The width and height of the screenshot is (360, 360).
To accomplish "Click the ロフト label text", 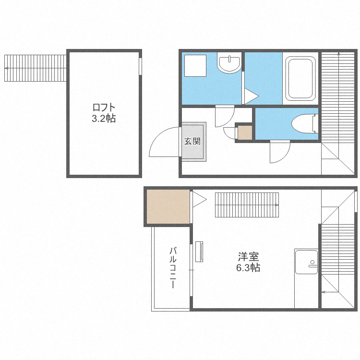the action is [104, 108].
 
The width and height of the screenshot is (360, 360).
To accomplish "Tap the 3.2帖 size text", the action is [104, 119].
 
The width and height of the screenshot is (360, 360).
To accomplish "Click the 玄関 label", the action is [192, 141].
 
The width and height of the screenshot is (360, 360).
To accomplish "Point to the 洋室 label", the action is [249, 257].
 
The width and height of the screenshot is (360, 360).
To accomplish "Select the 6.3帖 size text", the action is [249, 268].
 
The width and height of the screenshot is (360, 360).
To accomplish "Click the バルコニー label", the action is [173, 267].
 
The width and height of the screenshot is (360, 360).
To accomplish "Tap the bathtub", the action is [300, 79].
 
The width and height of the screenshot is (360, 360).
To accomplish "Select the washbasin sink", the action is [229, 63].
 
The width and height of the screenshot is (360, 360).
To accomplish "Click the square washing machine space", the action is [195, 66].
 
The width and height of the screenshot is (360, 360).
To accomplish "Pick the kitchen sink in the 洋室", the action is [307, 262].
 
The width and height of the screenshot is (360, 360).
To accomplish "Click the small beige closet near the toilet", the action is [245, 132].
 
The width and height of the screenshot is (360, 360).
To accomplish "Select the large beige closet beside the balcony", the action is [168, 206].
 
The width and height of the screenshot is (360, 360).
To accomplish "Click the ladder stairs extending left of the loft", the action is [36, 68].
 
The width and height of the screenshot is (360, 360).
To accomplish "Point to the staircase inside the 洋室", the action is [247, 205].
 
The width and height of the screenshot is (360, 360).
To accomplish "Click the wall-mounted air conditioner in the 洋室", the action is [199, 252].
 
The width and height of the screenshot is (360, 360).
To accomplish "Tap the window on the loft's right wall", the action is [140, 66].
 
